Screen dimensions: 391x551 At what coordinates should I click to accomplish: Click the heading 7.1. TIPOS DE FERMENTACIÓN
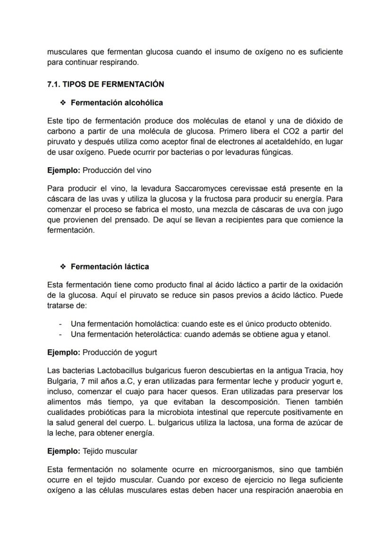tap(105, 84)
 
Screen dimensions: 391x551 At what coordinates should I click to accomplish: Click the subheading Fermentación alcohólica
tap(117, 102)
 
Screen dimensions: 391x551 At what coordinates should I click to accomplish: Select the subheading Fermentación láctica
tap(110, 267)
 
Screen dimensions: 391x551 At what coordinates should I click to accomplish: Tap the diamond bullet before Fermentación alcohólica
tap(62, 102)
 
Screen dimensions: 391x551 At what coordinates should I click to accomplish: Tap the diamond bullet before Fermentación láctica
tap(62, 267)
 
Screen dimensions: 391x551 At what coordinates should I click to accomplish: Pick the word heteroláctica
tap(158, 335)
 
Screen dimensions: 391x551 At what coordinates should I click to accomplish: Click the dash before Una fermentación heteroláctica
tap(60, 335)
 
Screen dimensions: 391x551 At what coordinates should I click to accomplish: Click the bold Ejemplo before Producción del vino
tap(64, 170)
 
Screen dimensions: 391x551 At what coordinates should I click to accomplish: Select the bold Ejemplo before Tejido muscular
tap(64, 451)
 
